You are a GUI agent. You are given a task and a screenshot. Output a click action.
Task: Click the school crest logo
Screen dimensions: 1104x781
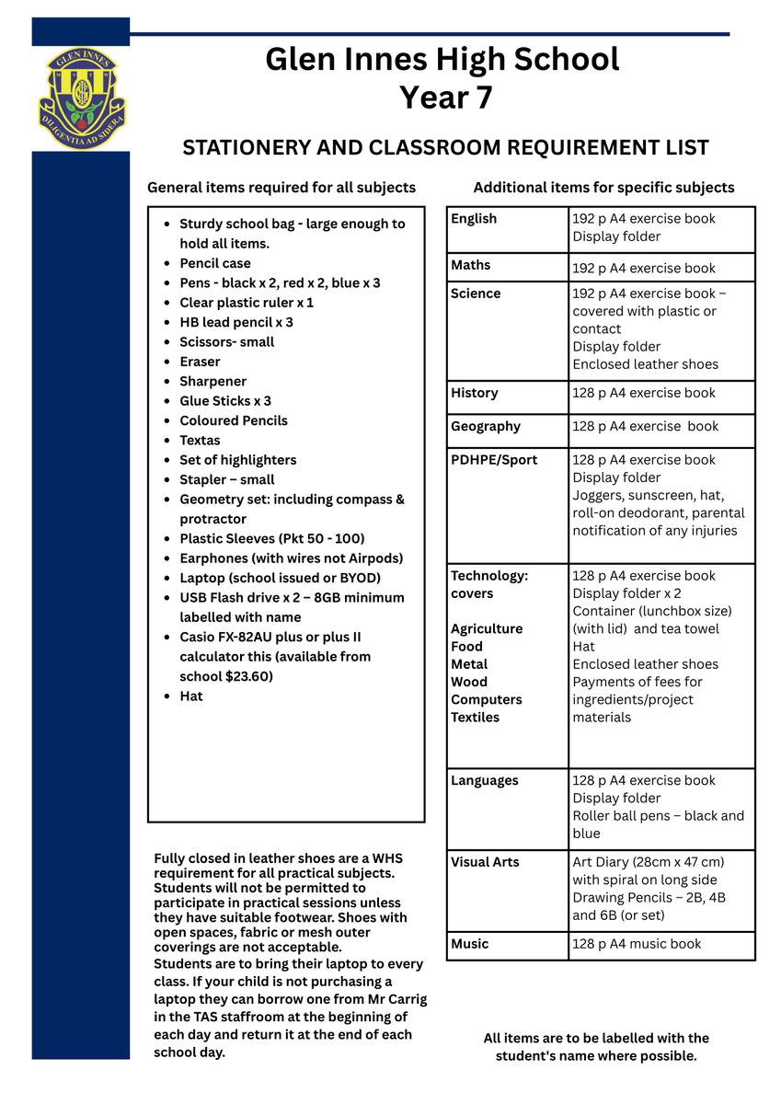pyautogui.click(x=81, y=99)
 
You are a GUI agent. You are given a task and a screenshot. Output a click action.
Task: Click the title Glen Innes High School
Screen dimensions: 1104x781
pyautogui.click(x=442, y=60)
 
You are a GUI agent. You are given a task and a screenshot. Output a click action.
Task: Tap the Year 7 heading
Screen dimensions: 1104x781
pyautogui.click(x=445, y=98)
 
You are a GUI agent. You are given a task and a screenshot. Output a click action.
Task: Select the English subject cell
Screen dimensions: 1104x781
pyautogui.click(x=474, y=219)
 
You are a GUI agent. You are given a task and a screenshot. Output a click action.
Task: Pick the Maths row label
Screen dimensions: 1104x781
pyautogui.click(x=471, y=266)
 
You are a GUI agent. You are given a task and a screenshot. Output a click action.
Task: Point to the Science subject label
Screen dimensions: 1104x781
pyautogui.click(x=476, y=294)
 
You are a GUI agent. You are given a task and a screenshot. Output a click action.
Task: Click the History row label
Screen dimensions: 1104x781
pyautogui.click(x=475, y=394)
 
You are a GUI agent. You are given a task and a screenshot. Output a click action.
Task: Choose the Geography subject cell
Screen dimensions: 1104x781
pyautogui.click(x=486, y=427)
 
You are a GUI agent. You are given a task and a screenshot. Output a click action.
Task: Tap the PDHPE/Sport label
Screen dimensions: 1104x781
pyautogui.click(x=494, y=460)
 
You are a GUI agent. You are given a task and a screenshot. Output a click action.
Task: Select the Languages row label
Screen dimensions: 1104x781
pyautogui.click(x=485, y=781)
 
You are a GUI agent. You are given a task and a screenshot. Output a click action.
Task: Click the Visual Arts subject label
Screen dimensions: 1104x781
pyautogui.click(x=485, y=863)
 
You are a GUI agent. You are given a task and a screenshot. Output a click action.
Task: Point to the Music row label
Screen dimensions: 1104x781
pyautogui.click(x=470, y=945)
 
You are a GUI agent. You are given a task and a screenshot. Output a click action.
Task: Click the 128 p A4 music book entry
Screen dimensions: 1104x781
pyautogui.click(x=637, y=945)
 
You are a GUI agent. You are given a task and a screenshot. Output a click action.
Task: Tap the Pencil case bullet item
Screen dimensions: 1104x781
pyautogui.click(x=214, y=264)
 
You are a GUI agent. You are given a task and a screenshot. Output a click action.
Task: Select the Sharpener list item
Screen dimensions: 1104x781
pyautogui.click(x=212, y=382)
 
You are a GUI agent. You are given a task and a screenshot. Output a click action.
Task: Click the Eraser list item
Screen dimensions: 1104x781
pyautogui.click(x=200, y=362)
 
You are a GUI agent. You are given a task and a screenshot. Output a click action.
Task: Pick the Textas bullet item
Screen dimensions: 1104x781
pyautogui.click(x=200, y=441)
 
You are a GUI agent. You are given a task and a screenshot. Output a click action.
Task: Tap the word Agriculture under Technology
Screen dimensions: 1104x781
pyautogui.click(x=487, y=629)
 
